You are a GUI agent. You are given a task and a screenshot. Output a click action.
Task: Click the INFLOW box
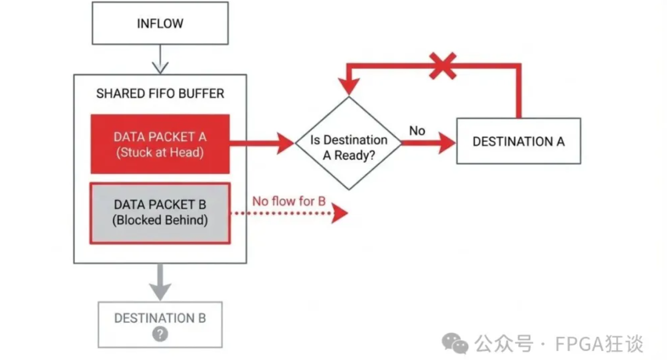[160, 23]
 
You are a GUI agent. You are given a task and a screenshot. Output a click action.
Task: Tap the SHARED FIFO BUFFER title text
[160, 93]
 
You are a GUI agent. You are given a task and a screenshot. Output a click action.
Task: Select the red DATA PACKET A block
[160, 144]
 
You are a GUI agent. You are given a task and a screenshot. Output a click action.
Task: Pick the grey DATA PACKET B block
[160, 213]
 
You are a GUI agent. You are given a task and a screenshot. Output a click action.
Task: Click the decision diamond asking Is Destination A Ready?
[349, 143]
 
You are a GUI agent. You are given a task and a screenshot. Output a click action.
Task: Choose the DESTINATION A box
[519, 141]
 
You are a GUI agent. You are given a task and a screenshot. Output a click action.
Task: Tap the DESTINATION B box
[160, 325]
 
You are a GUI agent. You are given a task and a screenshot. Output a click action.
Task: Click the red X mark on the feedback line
[443, 66]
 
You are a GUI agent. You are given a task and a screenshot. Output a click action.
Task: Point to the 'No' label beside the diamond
[417, 131]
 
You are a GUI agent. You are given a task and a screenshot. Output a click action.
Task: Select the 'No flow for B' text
[289, 201]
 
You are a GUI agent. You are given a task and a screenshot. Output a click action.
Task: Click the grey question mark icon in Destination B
[160, 334]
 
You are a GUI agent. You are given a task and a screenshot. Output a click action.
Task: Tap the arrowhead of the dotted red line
[340, 213]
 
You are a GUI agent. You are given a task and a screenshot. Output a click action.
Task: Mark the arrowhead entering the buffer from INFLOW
[160, 68]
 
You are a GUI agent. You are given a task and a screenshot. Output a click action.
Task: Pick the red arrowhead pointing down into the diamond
[349, 87]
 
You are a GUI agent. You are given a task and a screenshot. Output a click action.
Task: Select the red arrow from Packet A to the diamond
[262, 143]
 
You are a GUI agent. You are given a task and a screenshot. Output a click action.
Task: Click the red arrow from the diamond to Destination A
[429, 143]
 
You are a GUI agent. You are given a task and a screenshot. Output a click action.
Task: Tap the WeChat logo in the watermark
[455, 344]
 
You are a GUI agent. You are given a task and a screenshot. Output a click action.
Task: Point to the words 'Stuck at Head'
[160, 152]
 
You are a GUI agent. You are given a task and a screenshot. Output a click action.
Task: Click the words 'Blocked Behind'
[160, 220]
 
